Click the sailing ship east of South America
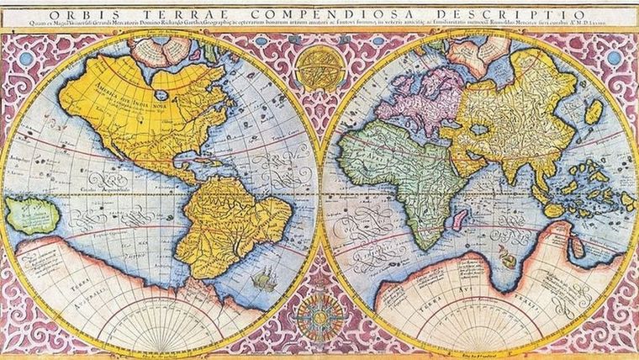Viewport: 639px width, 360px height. (x=266, y=278)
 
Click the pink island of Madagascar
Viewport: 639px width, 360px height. (x=459, y=220)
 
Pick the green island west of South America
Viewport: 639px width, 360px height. (x=32, y=214)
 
